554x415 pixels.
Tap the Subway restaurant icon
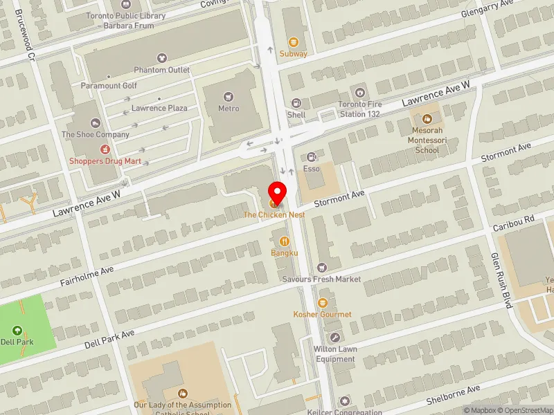click(x=294, y=42)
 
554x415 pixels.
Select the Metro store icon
click(x=229, y=97)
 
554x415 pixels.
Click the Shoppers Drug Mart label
click(x=105, y=161)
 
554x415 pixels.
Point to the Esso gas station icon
click(x=312, y=157)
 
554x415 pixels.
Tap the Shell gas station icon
click(x=296, y=103)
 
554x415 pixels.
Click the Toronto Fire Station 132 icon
click(x=359, y=93)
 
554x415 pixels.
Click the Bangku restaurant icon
click(x=284, y=241)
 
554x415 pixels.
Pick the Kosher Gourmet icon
click(x=322, y=302)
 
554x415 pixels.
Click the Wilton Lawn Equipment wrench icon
click(x=335, y=338)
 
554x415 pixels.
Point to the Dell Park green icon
click(x=17, y=331)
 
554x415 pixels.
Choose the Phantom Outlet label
click(x=161, y=70)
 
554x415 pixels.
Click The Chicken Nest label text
click(x=274, y=215)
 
